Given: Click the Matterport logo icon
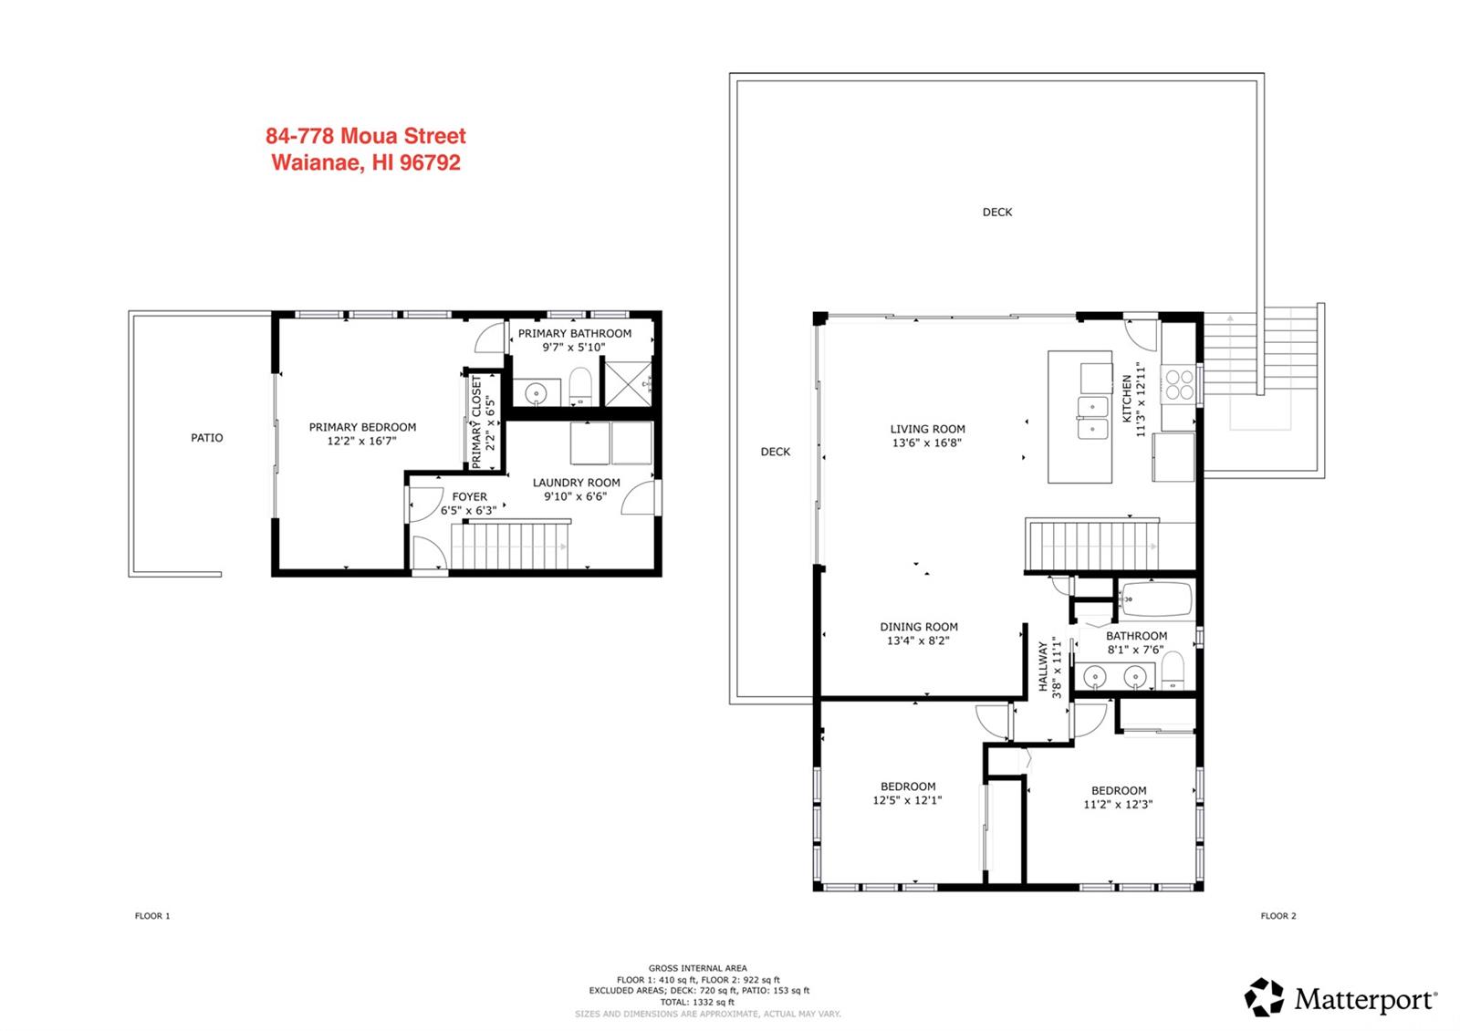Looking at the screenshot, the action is (1264, 996).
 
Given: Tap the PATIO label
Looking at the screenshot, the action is (206, 438).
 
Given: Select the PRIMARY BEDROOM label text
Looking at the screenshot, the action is (362, 428).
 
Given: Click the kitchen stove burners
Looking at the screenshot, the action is (1179, 384).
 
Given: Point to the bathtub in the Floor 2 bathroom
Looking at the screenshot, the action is (1157, 599).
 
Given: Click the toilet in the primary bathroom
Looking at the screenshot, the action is (579, 387).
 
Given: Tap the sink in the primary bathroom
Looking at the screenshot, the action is (536, 392).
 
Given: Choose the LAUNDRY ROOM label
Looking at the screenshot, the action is (576, 483).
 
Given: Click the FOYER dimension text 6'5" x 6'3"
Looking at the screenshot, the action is (469, 510).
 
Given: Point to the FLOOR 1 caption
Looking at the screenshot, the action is (152, 916).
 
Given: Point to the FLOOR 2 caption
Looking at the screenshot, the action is (1278, 916).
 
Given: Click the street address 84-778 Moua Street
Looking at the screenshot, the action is (366, 136).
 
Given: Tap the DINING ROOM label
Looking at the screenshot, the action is (919, 627).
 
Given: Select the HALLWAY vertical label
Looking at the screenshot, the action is (1043, 666).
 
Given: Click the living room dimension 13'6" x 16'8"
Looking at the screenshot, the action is (927, 443).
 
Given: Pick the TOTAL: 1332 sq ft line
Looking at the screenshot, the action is (697, 1003).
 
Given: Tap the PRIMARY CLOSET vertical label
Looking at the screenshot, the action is (475, 422).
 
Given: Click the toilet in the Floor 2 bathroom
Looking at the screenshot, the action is (1173, 672).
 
